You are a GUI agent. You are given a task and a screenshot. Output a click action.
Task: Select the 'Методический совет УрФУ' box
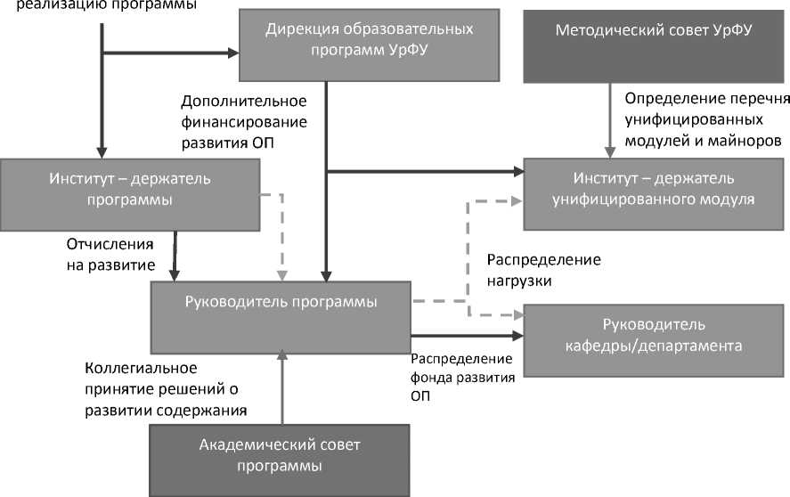[x=654, y=41]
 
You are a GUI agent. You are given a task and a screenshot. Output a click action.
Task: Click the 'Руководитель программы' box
[x=281, y=315]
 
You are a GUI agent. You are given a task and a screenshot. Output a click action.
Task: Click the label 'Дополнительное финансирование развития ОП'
[x=243, y=121]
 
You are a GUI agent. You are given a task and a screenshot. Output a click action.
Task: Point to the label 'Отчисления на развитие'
[x=111, y=254]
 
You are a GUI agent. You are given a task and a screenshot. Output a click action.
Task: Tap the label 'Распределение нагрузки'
[x=543, y=270]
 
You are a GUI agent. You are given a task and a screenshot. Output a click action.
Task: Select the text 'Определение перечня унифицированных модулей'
[x=704, y=119]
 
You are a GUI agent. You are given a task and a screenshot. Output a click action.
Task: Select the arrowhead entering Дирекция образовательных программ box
[x=233, y=53]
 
